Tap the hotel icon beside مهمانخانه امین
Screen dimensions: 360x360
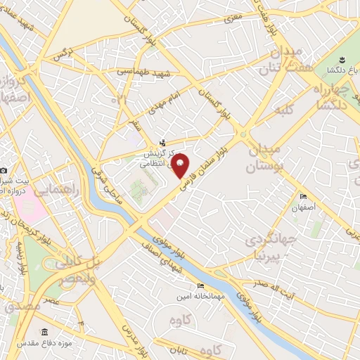click(201, 286)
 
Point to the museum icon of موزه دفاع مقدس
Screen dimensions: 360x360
click(45, 332)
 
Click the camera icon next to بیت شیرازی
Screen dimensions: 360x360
click(4, 171)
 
